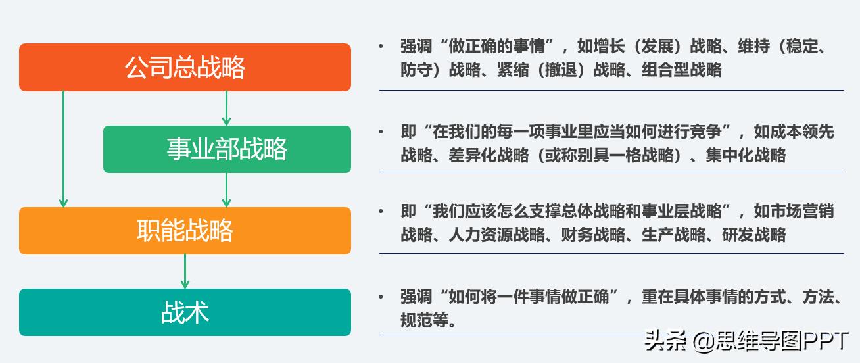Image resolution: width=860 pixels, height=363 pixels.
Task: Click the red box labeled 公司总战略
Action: tap(185, 67)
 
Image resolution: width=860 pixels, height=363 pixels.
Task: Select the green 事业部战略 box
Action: tap(227, 149)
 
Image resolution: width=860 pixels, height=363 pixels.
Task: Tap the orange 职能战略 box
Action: tap(185, 231)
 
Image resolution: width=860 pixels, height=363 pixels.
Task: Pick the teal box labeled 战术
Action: tap(185, 312)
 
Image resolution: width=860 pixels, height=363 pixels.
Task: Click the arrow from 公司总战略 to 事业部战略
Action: tap(226, 108)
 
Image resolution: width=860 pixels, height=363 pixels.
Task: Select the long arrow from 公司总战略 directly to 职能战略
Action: tap(63, 149)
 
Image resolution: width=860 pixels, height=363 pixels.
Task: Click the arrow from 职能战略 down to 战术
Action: tap(185, 271)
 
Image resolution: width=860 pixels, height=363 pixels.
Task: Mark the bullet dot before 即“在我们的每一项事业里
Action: tap(381, 132)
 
